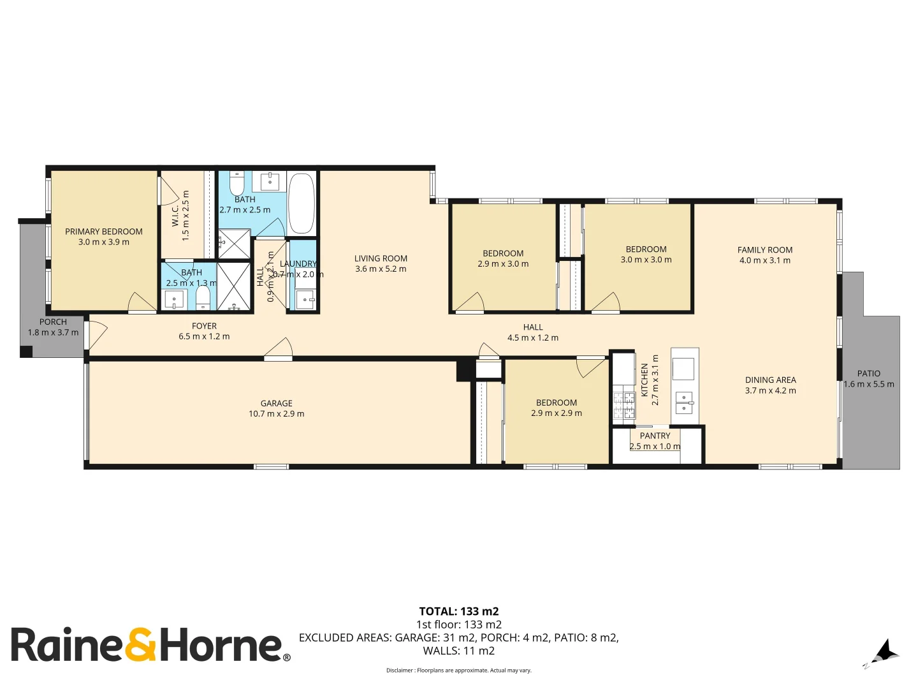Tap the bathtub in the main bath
pos(302,203)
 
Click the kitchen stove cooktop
pos(624,405)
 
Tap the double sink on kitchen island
pos(683,403)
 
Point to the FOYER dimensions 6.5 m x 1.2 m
pos(204,336)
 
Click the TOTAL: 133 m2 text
pos(458,611)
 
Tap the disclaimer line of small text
pos(458,670)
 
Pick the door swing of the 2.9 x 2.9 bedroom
pos(590,367)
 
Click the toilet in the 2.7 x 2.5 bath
pos(237,184)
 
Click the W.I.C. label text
pos(175,215)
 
